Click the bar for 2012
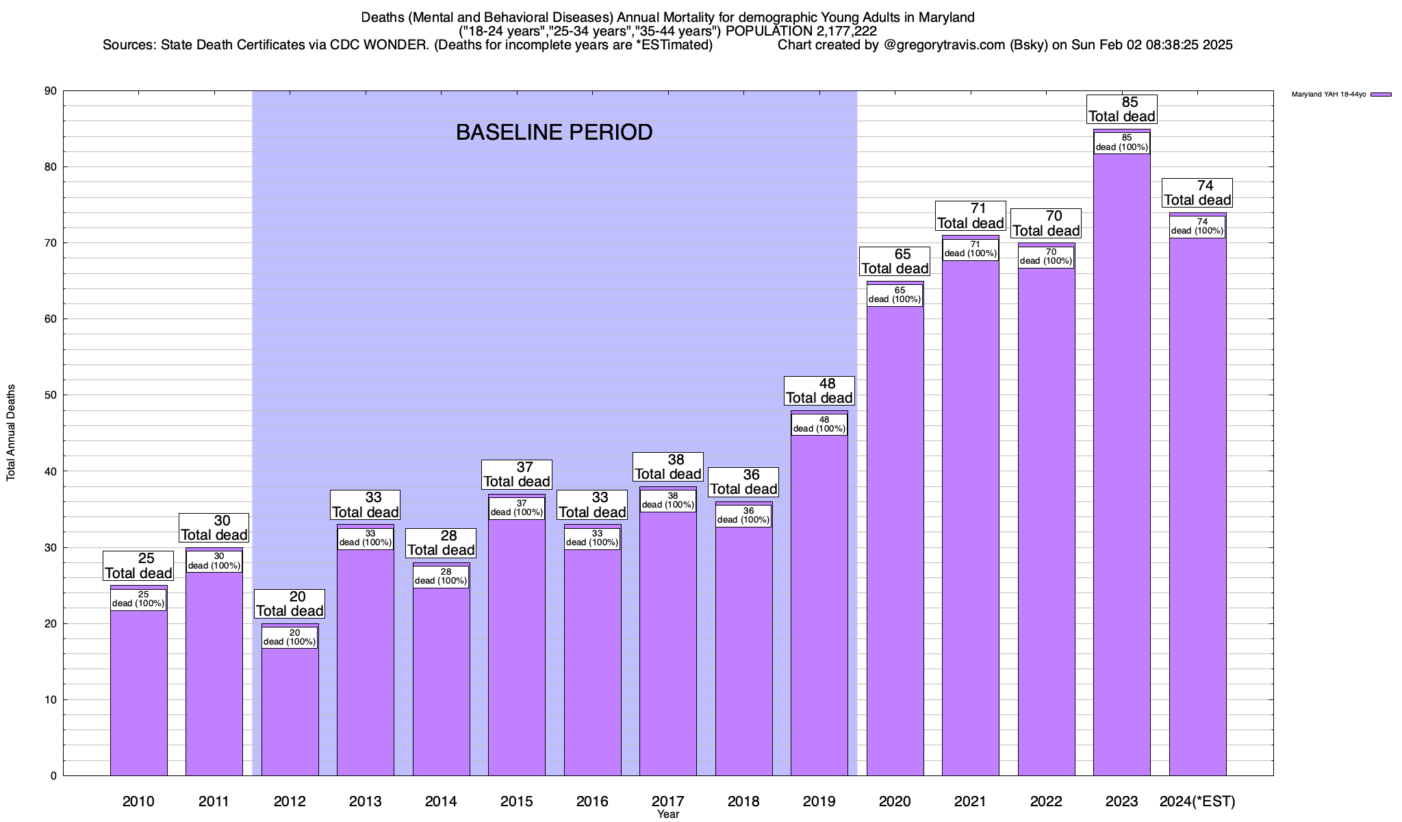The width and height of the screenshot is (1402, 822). click(x=290, y=712)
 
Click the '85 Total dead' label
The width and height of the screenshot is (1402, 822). click(x=1121, y=110)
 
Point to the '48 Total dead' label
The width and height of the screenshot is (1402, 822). click(x=819, y=391)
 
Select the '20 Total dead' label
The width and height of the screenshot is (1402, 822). click(x=290, y=604)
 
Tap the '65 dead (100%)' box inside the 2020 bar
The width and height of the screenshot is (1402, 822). click(x=895, y=295)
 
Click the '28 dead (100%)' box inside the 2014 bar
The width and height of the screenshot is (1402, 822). click(x=441, y=577)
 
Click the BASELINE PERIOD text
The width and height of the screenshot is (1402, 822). click(x=554, y=133)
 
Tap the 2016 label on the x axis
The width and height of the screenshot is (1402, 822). click(x=592, y=801)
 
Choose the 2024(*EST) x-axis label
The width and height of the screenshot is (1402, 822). click(x=1197, y=801)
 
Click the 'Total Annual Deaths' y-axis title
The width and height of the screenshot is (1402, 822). click(x=11, y=432)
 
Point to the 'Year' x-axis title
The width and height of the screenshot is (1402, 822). click(x=667, y=814)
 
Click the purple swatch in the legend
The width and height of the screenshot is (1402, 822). click(x=1381, y=95)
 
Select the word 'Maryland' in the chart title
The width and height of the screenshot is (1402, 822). click(x=943, y=17)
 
